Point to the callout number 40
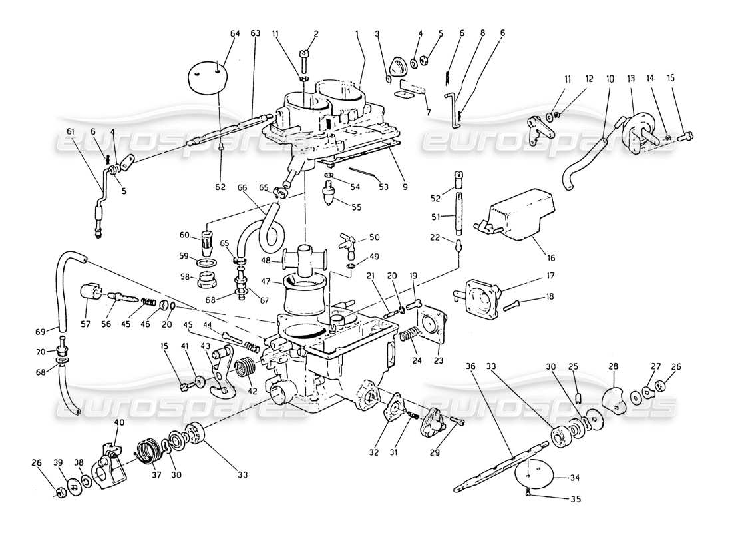119,423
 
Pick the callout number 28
612,366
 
